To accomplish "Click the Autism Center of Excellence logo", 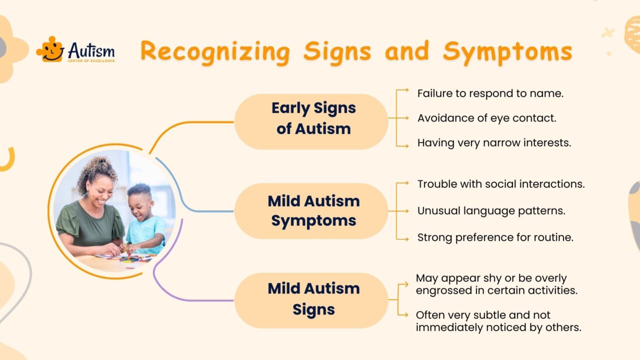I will [76, 50].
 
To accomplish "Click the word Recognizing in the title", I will [215, 51].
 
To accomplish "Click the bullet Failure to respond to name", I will [490, 93].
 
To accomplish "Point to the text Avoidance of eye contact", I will [487, 118].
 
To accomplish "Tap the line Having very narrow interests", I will [494, 143].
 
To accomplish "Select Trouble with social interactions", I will [501, 184].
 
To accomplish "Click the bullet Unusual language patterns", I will [491, 211].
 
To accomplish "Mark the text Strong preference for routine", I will [495, 237].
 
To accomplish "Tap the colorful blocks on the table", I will [131, 258].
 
